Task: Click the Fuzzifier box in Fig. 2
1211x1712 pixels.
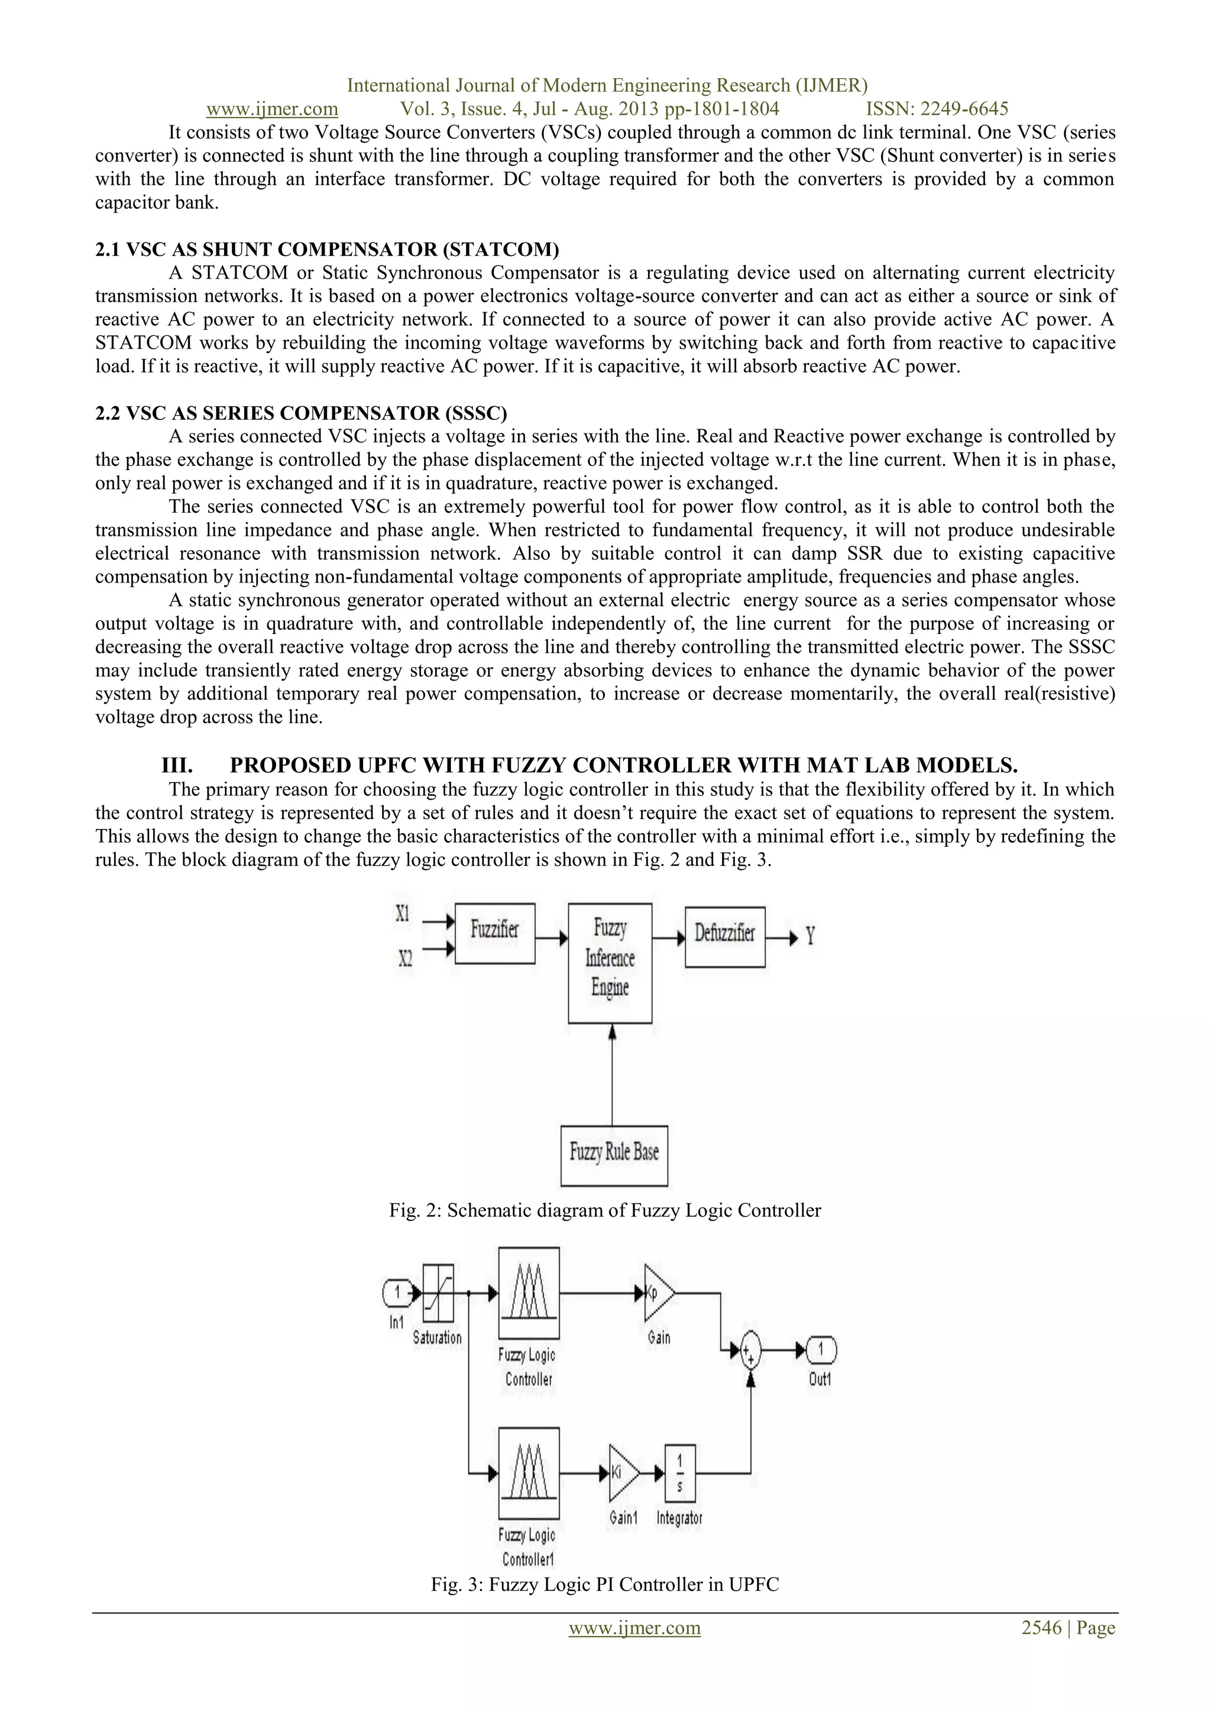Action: pos(494,934)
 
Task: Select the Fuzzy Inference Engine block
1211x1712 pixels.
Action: pos(610,963)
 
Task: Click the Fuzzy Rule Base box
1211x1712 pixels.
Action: pos(614,1156)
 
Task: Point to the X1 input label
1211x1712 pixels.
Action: pos(403,914)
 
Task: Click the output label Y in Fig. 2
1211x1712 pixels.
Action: pos(810,937)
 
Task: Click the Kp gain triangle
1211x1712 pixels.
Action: pos(658,1294)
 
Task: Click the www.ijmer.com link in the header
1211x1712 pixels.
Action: pos(272,109)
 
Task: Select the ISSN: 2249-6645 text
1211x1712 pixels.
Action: pos(937,109)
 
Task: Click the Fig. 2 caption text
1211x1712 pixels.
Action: pos(605,1210)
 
